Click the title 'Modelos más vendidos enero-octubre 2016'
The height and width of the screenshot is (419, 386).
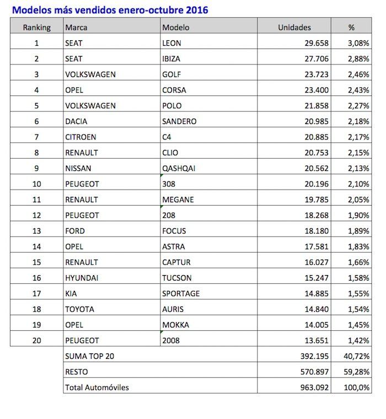coord(110,10)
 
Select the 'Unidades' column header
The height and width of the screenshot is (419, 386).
coord(294,27)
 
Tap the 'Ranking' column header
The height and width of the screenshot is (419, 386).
coord(37,27)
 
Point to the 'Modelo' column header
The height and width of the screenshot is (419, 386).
coord(176,27)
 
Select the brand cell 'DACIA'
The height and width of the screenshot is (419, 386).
coord(76,121)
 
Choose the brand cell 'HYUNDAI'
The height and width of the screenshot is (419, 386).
coord(82,278)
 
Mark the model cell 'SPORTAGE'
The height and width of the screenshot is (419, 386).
coord(181,294)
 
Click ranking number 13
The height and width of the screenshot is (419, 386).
coord(37,231)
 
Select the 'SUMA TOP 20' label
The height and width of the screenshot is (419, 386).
coord(89,356)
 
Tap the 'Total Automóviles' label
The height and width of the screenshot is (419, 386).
coord(97,388)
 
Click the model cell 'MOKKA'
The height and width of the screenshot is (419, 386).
coord(175,325)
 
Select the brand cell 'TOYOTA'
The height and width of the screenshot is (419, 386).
coord(79,309)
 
